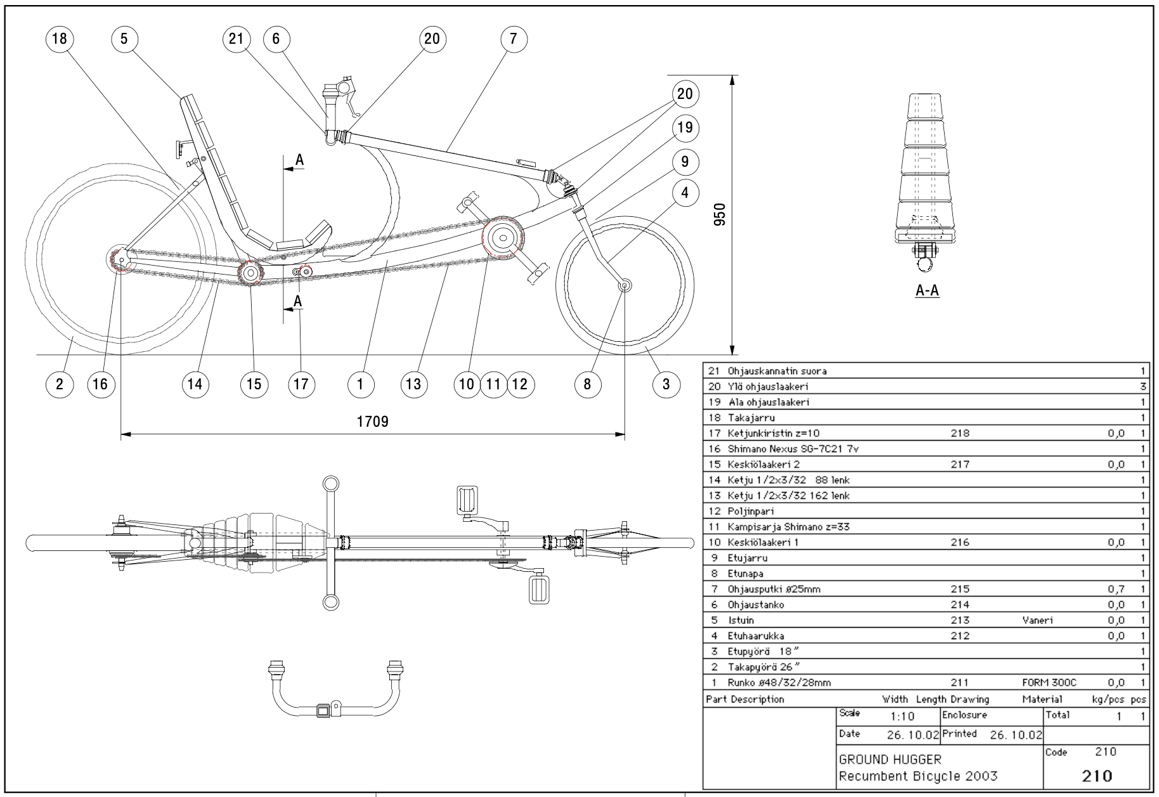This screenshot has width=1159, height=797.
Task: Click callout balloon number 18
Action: [x=59, y=39]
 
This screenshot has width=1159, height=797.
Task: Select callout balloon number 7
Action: [x=513, y=39]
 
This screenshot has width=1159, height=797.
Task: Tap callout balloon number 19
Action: [x=685, y=128]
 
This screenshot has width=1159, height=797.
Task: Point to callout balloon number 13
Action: [x=413, y=384]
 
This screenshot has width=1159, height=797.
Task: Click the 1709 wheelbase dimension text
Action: [x=372, y=422]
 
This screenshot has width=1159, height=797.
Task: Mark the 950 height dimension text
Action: [x=719, y=215]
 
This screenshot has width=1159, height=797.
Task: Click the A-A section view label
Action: [x=927, y=291]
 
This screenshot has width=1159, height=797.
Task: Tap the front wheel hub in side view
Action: [x=624, y=286]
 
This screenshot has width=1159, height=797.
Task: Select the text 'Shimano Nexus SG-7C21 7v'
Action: [x=793, y=449]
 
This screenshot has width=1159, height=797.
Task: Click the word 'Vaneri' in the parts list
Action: [x=1037, y=620]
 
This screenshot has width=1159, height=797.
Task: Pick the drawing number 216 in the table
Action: [x=960, y=542]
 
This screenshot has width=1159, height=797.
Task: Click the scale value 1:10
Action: [x=902, y=716]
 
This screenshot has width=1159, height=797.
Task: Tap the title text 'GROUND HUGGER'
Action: [x=890, y=759]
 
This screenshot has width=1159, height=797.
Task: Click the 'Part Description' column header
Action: [x=745, y=699]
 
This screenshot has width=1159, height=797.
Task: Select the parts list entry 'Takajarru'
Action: [x=751, y=418]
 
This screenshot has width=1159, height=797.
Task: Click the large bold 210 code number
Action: [x=1097, y=775]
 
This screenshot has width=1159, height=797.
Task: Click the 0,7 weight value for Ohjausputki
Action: [x=1116, y=589]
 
